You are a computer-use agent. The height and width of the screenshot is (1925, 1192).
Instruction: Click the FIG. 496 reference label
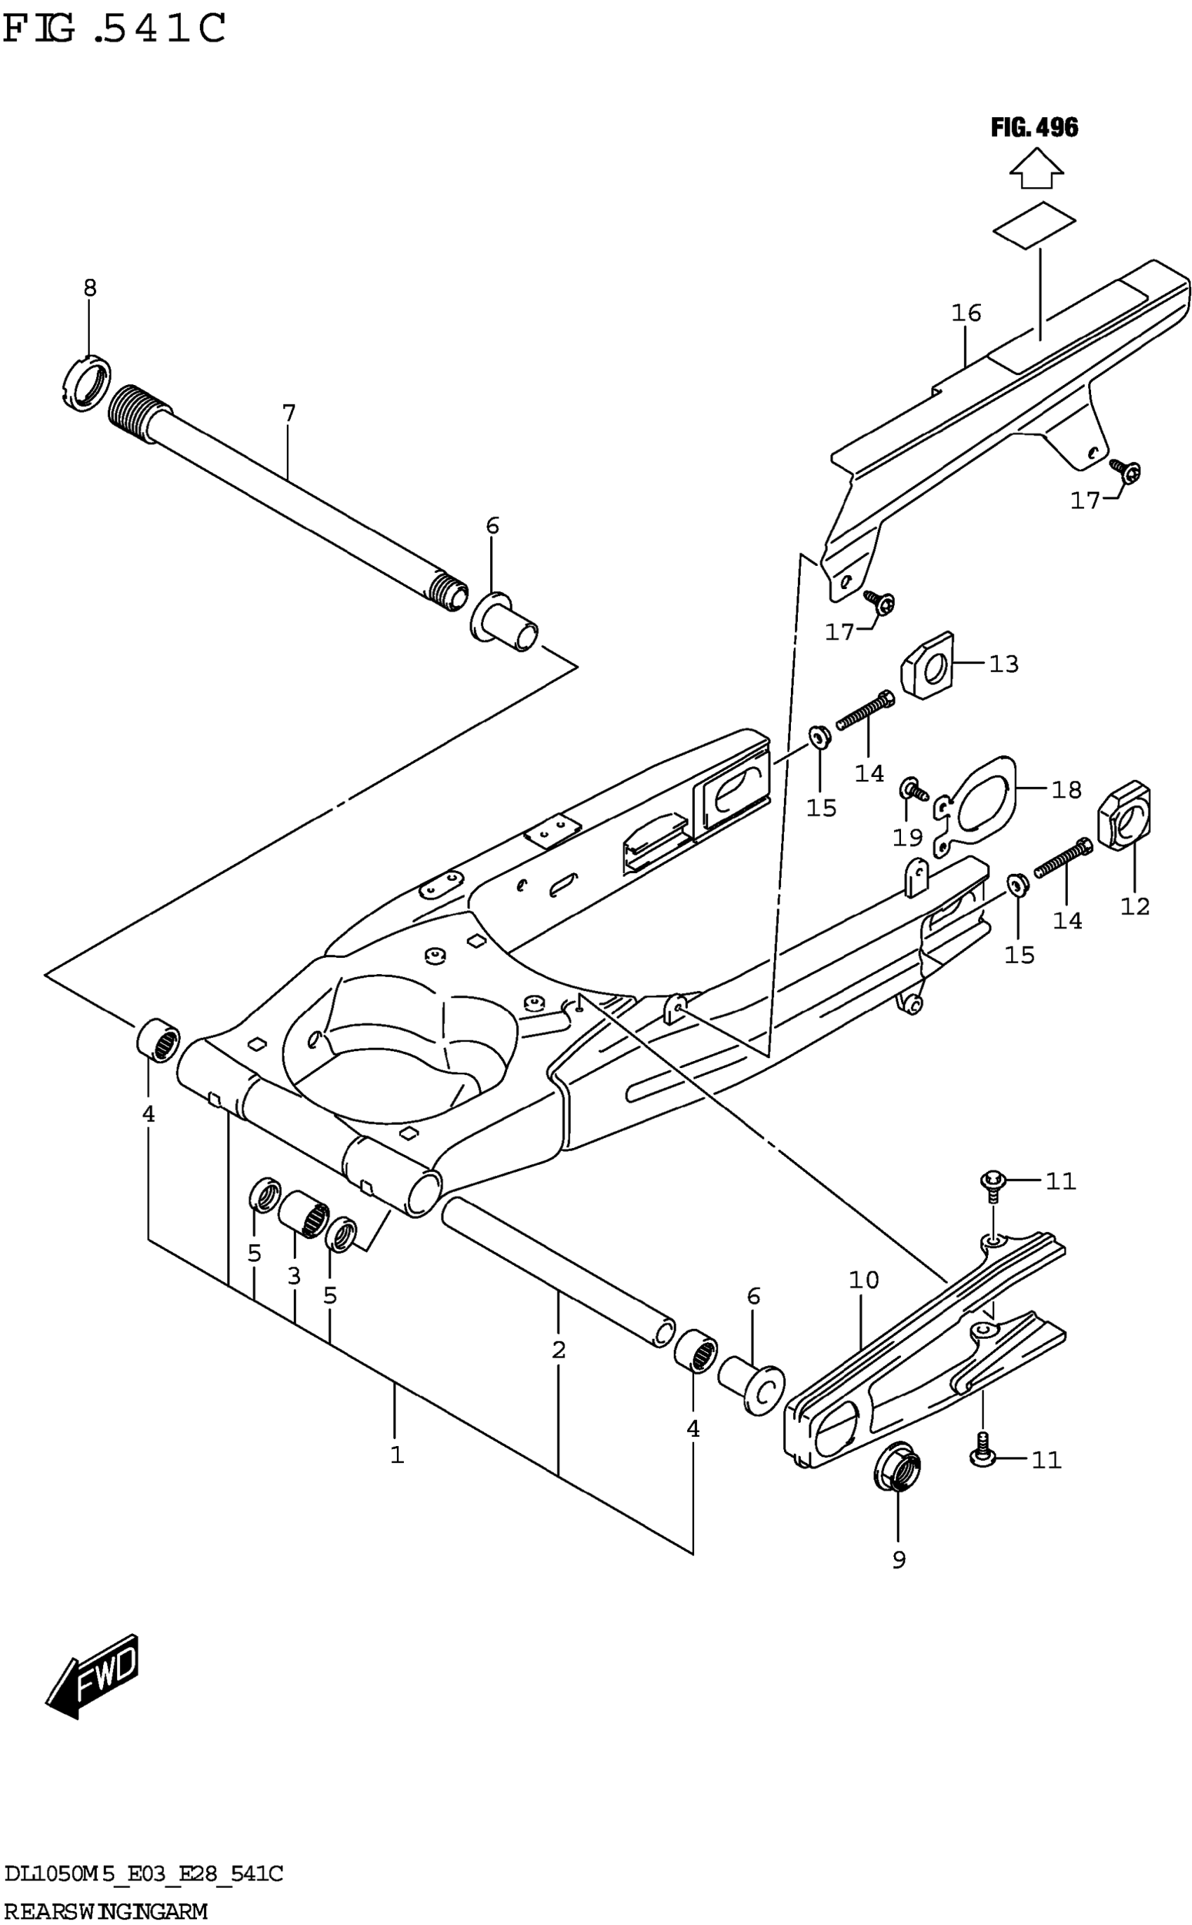(1034, 127)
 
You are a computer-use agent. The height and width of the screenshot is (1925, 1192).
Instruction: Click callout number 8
(90, 288)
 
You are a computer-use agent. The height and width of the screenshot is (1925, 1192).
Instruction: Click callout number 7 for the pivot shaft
(289, 413)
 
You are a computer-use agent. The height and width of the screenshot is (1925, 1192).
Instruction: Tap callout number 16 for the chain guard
(966, 313)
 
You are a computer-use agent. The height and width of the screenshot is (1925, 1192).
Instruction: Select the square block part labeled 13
(928, 666)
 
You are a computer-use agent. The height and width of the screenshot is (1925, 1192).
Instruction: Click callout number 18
(1066, 789)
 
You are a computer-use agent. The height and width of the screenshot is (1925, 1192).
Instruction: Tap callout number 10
(863, 1279)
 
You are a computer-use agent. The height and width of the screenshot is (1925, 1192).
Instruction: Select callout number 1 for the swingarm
(397, 1454)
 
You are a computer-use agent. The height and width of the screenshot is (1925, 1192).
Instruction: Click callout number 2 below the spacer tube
(558, 1349)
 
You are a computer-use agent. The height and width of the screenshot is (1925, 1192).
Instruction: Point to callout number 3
(294, 1276)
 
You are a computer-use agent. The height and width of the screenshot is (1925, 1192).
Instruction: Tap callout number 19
(907, 837)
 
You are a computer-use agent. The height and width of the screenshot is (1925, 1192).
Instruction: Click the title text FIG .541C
(114, 29)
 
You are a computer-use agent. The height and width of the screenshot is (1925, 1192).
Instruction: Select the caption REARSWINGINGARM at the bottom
(106, 1912)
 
